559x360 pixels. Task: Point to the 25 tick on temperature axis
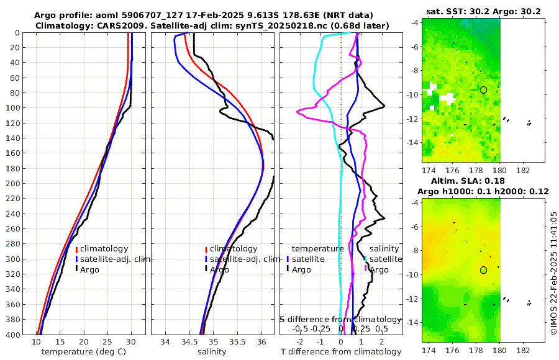tap(107, 342)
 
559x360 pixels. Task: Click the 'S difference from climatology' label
tap(341, 319)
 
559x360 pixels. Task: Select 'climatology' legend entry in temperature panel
tap(104, 249)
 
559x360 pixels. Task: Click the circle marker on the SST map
tap(483, 90)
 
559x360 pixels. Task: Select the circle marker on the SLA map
tap(483, 270)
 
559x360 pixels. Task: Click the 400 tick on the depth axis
tap(12, 335)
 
